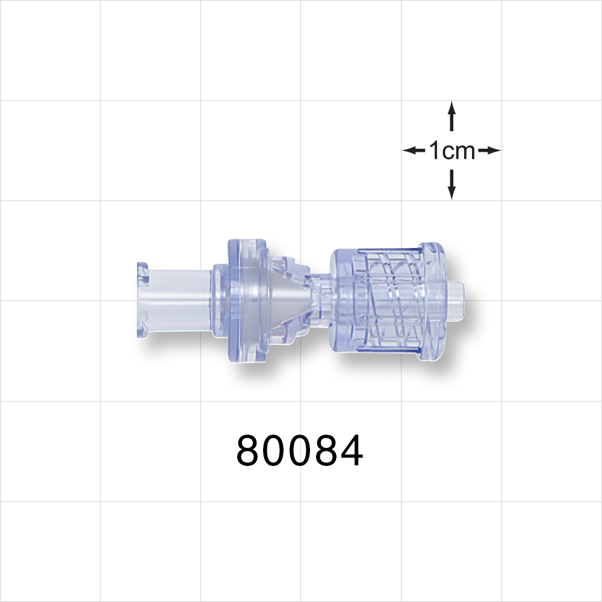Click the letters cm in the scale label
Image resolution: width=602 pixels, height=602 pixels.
461,152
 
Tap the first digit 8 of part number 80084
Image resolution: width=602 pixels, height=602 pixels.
249,451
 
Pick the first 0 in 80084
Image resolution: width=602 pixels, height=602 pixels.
275,451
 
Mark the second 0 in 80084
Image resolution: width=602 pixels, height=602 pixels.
300,451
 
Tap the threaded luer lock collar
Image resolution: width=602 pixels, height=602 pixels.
385,299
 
